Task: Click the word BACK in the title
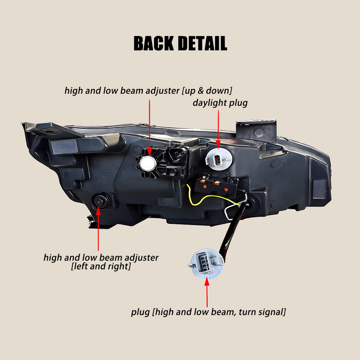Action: [x=154, y=43]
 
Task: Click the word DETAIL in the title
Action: [x=202, y=43]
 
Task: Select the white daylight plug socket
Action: [x=219, y=159]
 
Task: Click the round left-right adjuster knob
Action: [x=100, y=202]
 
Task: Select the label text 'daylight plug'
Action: [x=220, y=103]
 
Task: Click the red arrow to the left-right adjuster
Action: [x=98, y=229]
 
